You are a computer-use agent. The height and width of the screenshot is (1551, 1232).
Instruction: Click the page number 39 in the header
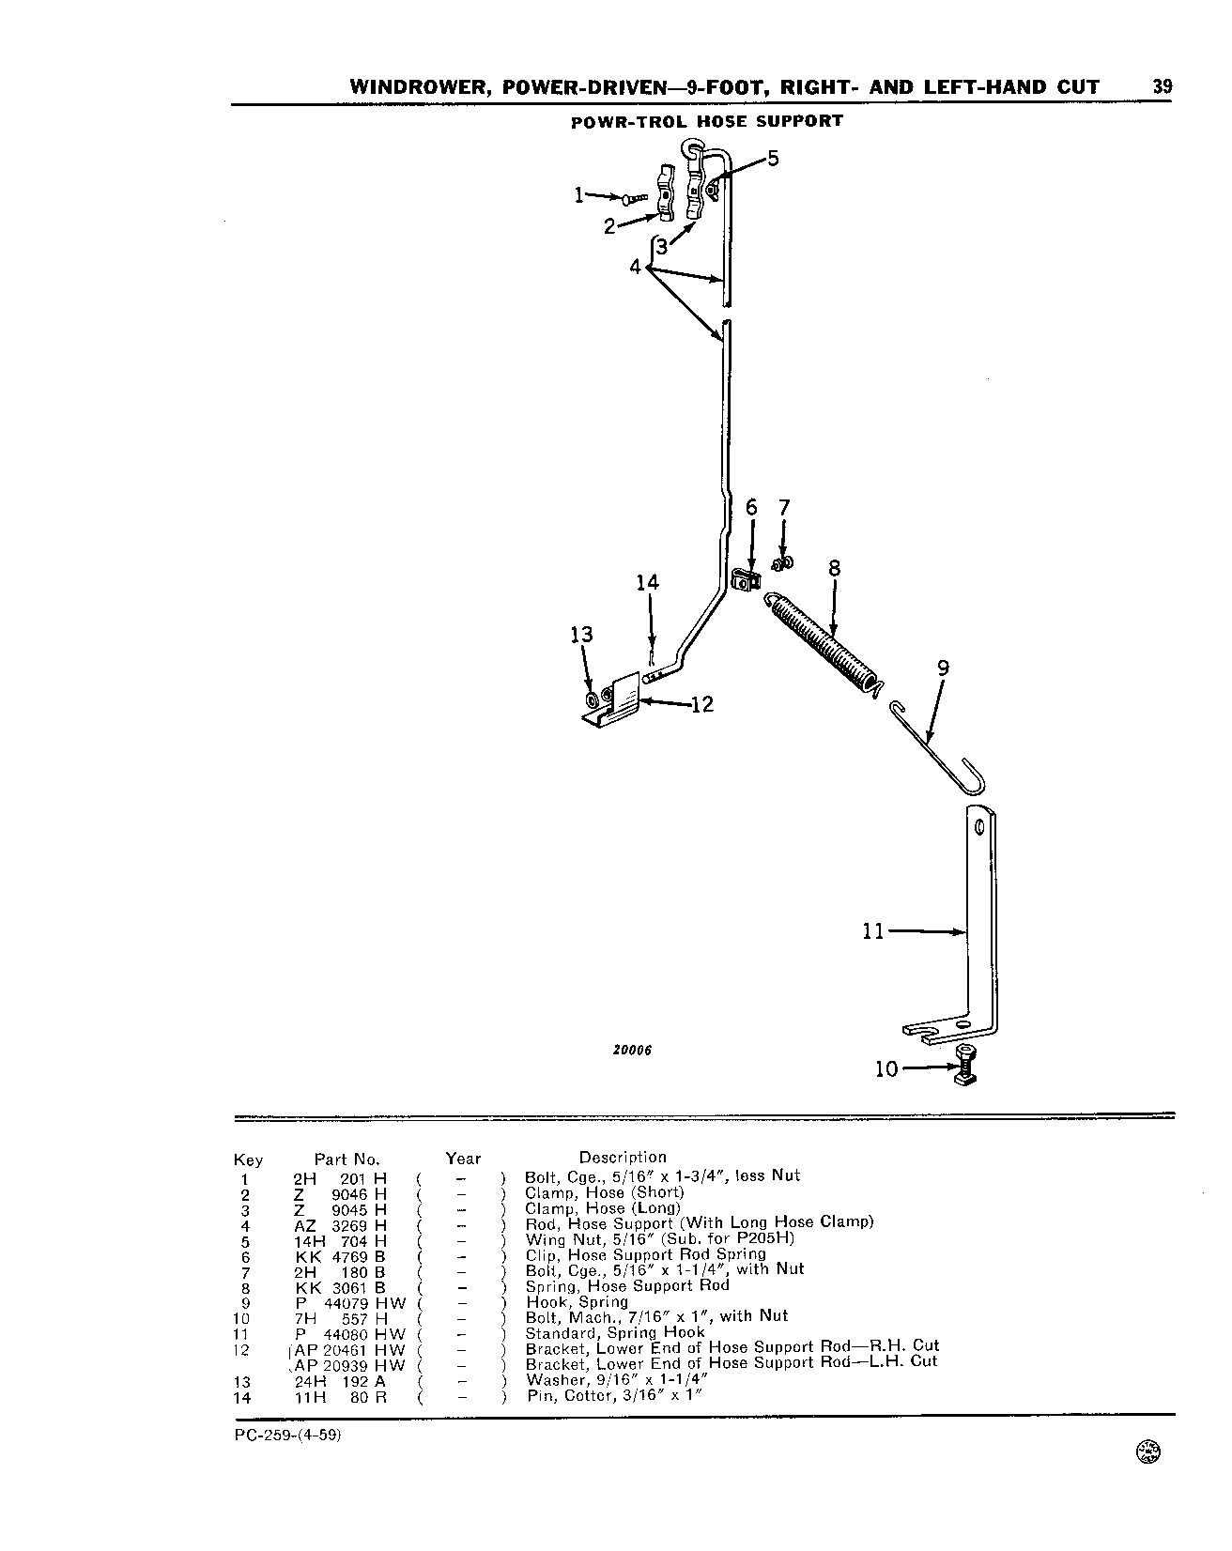click(x=1163, y=86)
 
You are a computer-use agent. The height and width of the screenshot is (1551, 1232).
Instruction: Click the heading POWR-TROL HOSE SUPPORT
click(x=707, y=121)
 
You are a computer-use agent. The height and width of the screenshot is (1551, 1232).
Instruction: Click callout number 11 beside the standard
click(x=873, y=931)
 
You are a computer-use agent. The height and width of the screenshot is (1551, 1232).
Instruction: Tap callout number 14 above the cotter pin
click(x=648, y=583)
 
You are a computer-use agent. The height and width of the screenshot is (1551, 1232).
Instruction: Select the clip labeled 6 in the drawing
click(x=747, y=582)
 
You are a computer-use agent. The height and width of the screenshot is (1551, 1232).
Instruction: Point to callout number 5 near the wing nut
click(x=773, y=158)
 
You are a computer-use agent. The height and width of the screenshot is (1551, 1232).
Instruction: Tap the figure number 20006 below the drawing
click(x=632, y=1051)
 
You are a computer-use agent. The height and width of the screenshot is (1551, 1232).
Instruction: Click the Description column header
click(x=623, y=1158)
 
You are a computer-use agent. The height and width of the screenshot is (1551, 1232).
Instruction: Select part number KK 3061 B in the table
click(x=340, y=1287)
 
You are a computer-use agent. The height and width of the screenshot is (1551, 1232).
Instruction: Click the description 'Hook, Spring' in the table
click(x=576, y=1302)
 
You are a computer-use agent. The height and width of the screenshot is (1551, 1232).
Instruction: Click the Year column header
click(x=463, y=1159)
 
